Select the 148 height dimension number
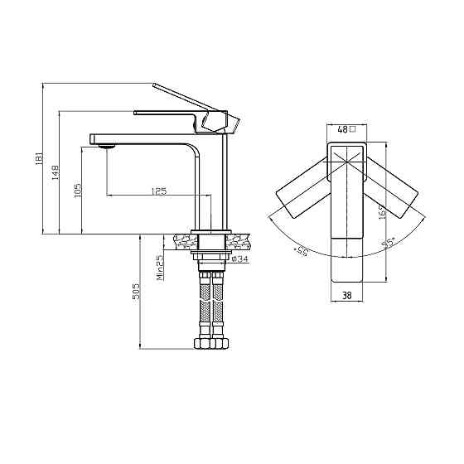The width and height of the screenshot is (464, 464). pyautogui.click(x=56, y=172)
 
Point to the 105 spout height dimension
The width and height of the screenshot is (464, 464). pyautogui.click(x=78, y=191)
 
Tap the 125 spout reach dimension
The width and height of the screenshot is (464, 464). pyautogui.click(x=159, y=191)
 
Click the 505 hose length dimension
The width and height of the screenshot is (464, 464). pyautogui.click(x=136, y=292)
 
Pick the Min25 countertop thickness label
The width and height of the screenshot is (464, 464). pyautogui.click(x=160, y=268)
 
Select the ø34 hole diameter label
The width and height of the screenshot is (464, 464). pyautogui.click(x=239, y=259)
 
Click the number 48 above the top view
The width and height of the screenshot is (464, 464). pyautogui.click(x=343, y=129)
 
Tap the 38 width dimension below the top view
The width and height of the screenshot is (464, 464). pyautogui.click(x=346, y=295)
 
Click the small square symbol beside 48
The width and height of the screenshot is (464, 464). pyautogui.click(x=352, y=129)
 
